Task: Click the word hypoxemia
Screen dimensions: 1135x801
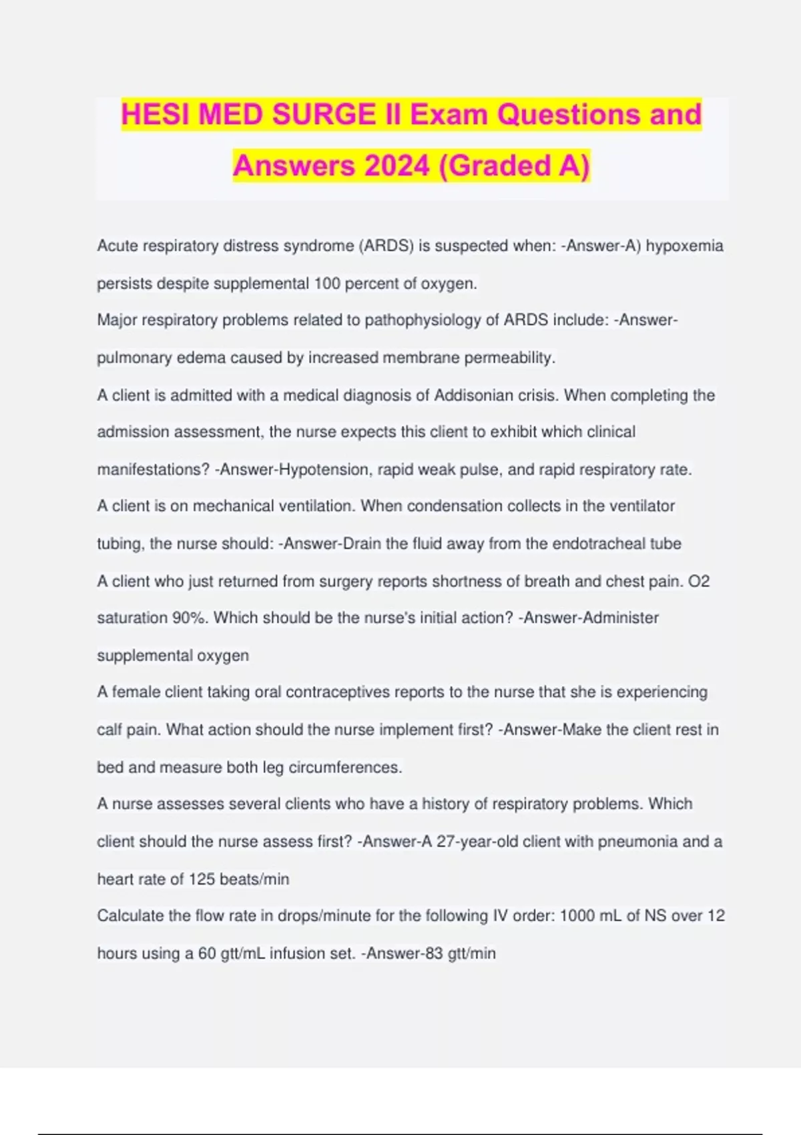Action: pos(684,246)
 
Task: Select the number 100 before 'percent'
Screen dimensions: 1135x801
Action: pos(327,284)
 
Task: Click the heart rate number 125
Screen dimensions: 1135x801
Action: pos(202,879)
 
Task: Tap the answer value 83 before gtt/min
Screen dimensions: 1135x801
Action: pos(433,953)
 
